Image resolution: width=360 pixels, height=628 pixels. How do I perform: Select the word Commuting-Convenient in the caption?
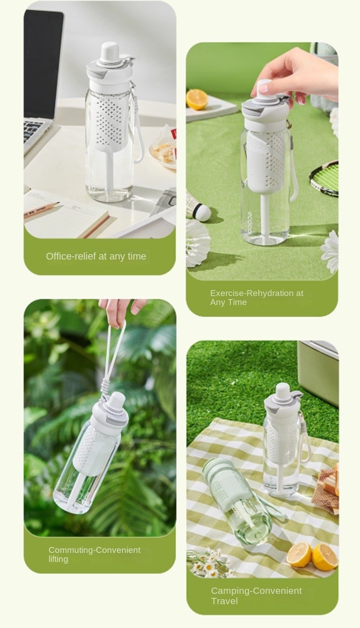(94, 550)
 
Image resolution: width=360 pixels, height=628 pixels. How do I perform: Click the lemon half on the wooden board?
(197, 99)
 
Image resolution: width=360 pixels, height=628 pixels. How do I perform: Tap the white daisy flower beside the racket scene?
(330, 251)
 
